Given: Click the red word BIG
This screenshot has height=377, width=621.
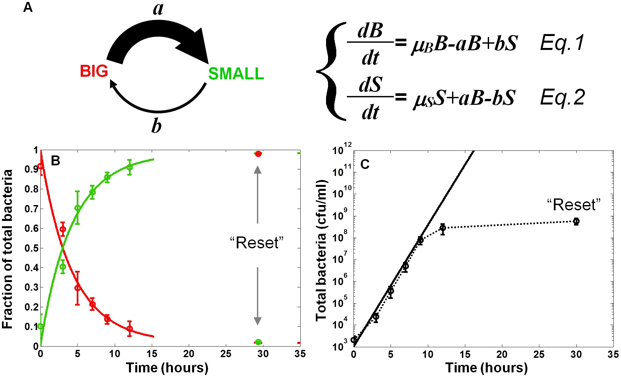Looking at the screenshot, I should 94,71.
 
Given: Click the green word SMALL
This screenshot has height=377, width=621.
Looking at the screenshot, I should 236,74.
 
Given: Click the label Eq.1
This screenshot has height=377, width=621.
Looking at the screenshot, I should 562,43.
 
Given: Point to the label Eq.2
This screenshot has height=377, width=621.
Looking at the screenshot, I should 562,98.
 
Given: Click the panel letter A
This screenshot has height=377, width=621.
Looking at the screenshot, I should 28,7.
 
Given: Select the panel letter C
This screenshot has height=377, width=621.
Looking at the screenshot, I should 365,164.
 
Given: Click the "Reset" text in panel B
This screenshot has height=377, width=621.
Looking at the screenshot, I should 257,243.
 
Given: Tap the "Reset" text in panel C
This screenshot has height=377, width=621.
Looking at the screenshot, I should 574,205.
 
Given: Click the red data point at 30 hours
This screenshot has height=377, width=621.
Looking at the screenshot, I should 258,154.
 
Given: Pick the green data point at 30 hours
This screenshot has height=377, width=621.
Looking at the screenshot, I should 258,342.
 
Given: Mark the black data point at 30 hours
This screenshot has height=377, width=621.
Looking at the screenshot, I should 576,221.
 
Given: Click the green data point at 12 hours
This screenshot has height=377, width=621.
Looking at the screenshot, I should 130,167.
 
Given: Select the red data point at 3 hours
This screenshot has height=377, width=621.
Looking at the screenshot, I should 63,229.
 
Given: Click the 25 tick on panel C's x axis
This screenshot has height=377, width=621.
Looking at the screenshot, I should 539,355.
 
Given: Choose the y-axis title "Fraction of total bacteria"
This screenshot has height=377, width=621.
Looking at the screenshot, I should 7,249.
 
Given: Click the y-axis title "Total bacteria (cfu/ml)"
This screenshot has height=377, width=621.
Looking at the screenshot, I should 321,250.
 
